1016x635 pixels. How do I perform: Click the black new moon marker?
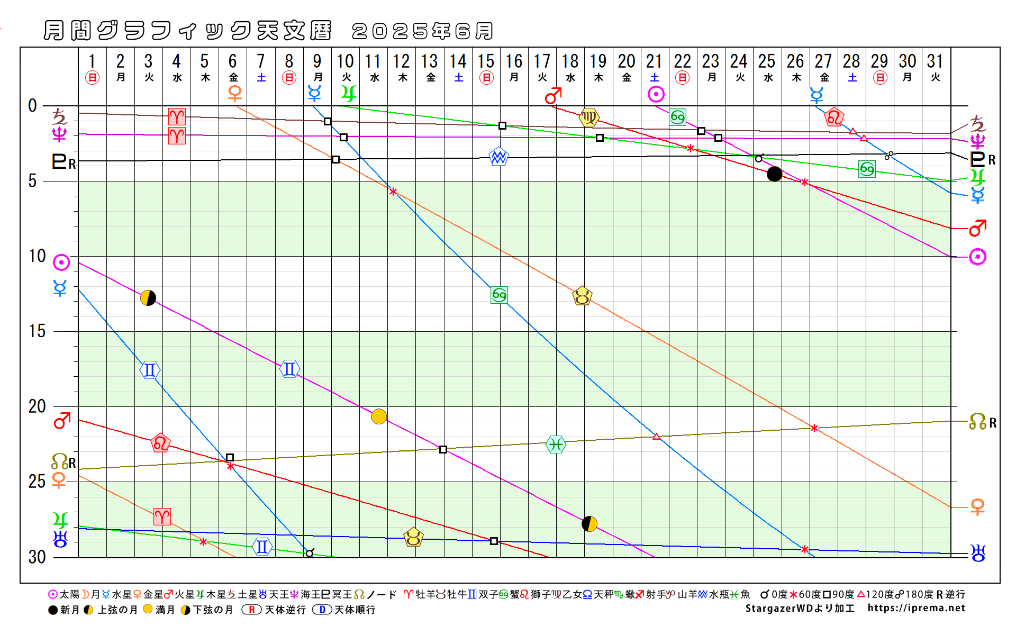pyautogui.click(x=774, y=174)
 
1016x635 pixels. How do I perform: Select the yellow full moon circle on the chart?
pyautogui.click(x=379, y=416)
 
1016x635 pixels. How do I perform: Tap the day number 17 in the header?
pyautogui.click(x=542, y=61)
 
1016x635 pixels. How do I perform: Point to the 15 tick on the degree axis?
pyautogui.click(x=37, y=331)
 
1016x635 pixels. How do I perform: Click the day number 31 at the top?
pyautogui.click(x=935, y=61)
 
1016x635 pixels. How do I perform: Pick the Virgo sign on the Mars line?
pyautogui.click(x=589, y=117)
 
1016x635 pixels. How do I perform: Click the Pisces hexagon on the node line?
pyautogui.click(x=556, y=444)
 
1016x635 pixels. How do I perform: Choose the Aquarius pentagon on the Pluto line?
pyautogui.click(x=498, y=157)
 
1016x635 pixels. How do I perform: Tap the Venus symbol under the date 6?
pyautogui.click(x=234, y=94)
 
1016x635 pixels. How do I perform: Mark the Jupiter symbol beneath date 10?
pyautogui.click(x=348, y=94)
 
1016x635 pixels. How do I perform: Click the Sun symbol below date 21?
pyautogui.click(x=656, y=94)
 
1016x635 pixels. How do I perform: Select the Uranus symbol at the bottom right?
pyautogui.click(x=978, y=553)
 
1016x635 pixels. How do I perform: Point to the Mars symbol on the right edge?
pyautogui.click(x=977, y=228)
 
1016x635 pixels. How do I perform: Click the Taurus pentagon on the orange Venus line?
pyautogui.click(x=582, y=296)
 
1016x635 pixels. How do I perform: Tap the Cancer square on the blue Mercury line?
pyautogui.click(x=499, y=295)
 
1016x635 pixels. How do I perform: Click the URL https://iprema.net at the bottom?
pyautogui.click(x=916, y=608)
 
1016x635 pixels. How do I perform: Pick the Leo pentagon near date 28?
pyautogui.click(x=834, y=117)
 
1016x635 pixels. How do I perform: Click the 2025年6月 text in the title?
pyautogui.click(x=422, y=31)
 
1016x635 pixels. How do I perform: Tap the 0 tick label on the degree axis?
pyautogui.click(x=33, y=106)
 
